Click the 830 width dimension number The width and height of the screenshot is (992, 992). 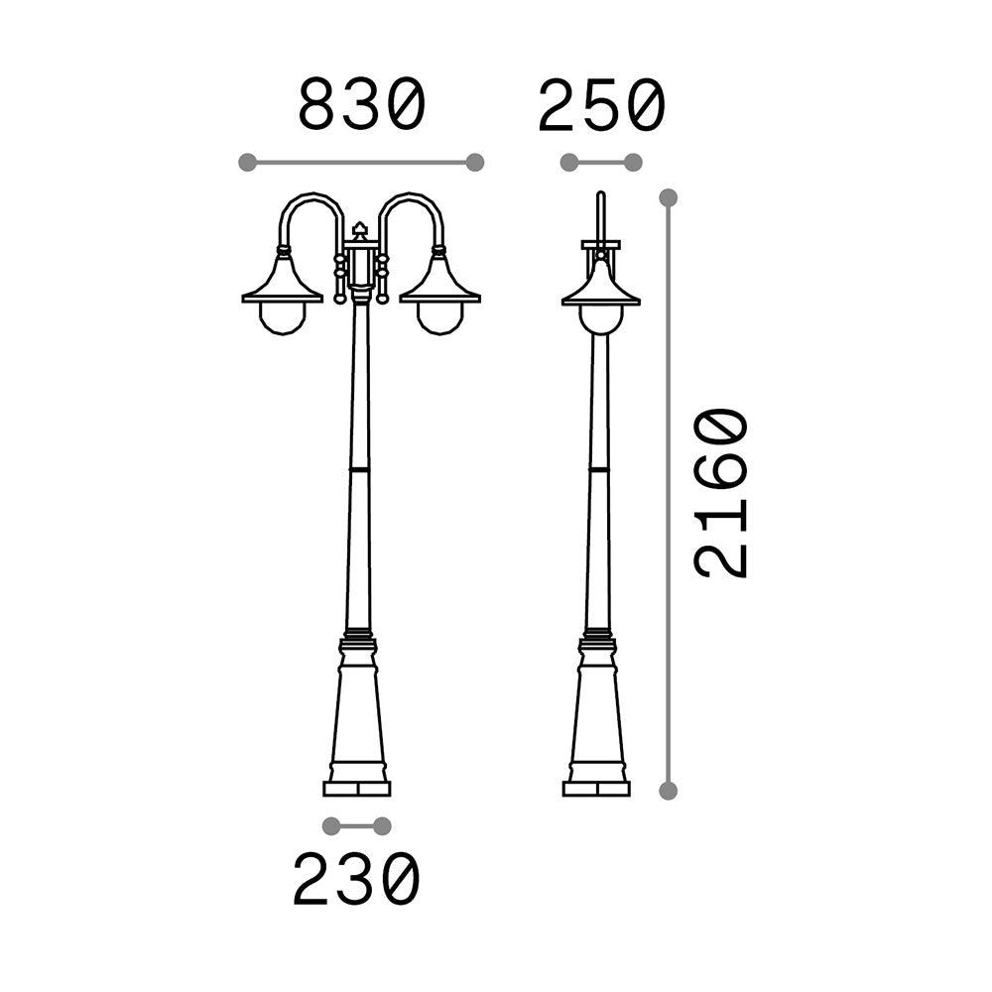click(362, 104)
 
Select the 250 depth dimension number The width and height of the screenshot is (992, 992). click(602, 104)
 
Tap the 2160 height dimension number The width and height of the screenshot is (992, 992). click(721, 492)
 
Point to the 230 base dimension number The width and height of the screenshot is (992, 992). click(356, 880)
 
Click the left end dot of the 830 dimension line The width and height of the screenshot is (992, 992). click(247, 162)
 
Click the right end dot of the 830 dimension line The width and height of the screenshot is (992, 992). click(474, 162)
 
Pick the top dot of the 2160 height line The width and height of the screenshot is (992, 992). click(668, 197)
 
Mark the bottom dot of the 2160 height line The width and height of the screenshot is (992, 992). click(668, 791)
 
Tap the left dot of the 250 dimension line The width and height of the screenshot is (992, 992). click(569, 162)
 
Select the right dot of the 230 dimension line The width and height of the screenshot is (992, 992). click(382, 825)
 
